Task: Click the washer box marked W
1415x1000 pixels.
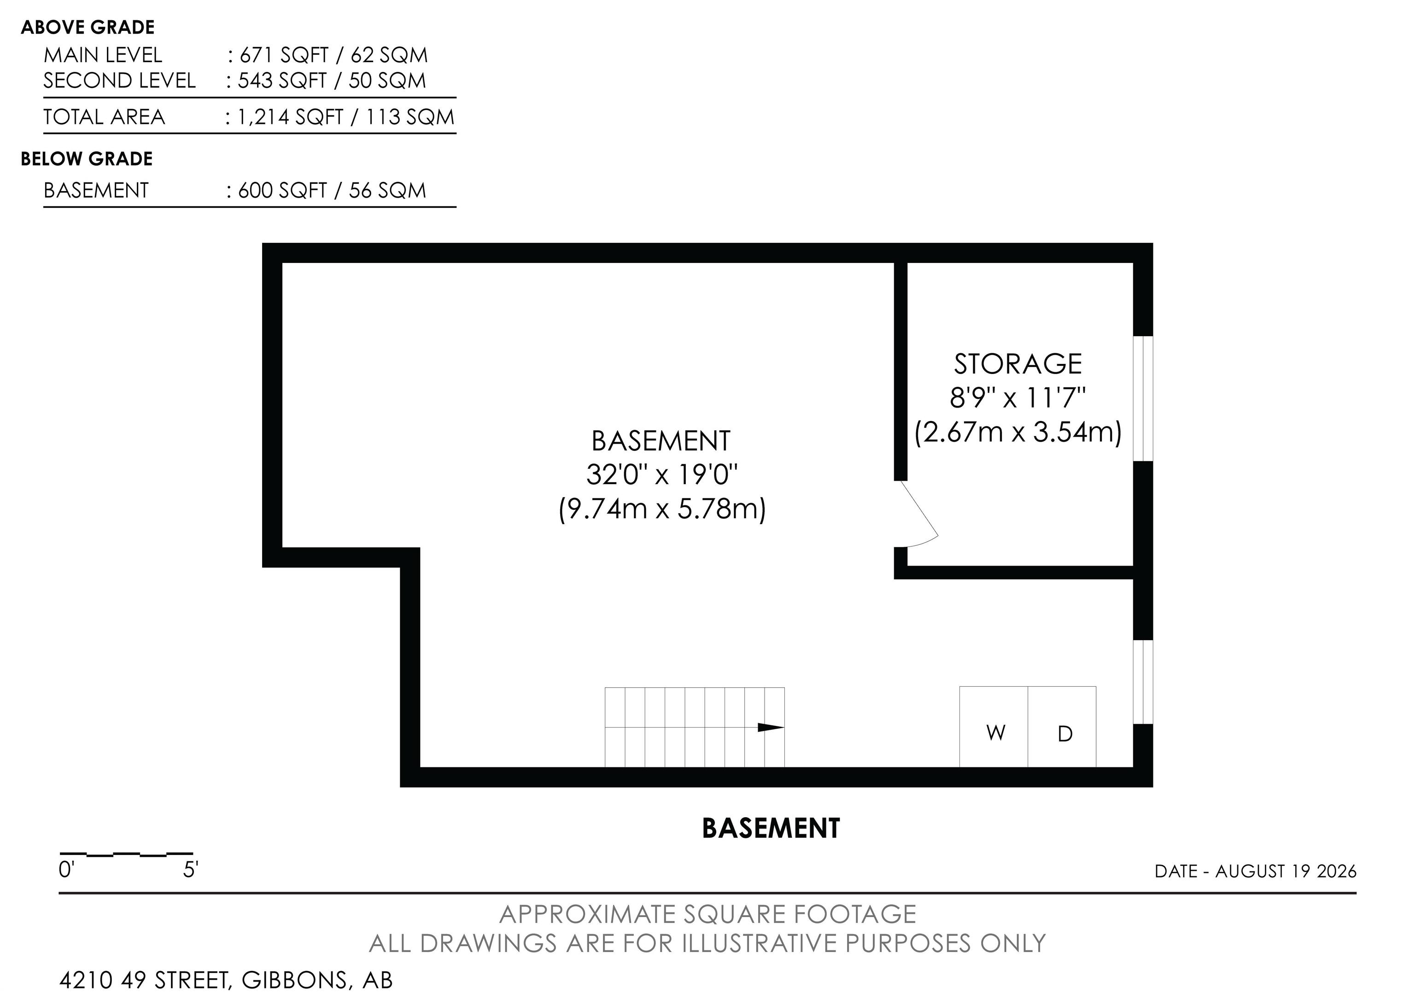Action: point(994,726)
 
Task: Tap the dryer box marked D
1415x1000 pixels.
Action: point(1062,726)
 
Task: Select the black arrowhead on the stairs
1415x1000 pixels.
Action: point(770,727)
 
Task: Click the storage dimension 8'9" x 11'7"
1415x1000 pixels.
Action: point(1017,398)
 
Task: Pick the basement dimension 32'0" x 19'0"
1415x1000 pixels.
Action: point(662,474)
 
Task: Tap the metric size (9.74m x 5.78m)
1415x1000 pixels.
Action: point(662,509)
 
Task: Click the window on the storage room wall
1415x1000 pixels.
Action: point(1143,398)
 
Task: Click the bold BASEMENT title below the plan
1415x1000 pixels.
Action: point(771,829)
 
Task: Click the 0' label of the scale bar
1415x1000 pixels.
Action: point(66,870)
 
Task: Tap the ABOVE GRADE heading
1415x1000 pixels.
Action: point(88,27)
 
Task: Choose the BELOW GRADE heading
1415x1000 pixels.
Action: point(87,159)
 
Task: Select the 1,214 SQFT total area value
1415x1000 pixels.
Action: point(290,117)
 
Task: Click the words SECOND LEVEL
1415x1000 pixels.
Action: point(120,81)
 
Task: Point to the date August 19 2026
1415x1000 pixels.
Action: point(1286,871)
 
